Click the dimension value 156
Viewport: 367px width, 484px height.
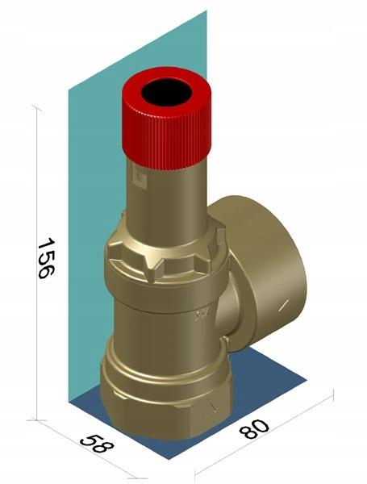pos(46,258)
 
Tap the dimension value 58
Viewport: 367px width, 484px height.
pos(97,444)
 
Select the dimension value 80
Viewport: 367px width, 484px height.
pos(255,429)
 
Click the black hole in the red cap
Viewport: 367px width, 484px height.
pos(167,92)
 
